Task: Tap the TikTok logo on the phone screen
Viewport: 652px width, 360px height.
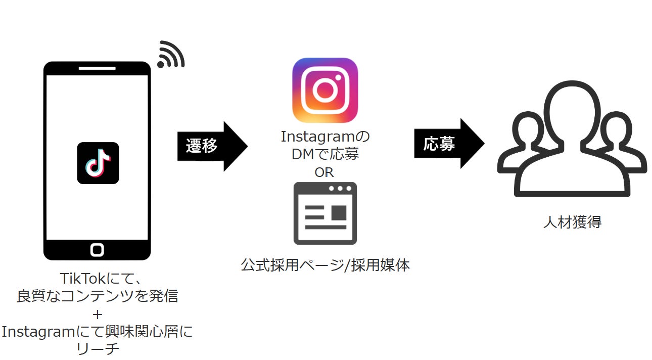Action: pos(98,163)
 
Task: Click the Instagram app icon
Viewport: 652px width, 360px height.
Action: pos(325,90)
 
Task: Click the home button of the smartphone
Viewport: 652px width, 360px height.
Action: pos(97,249)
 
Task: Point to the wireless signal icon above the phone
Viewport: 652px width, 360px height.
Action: pos(170,55)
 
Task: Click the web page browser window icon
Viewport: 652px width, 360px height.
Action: pos(325,213)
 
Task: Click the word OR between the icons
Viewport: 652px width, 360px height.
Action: pos(324,172)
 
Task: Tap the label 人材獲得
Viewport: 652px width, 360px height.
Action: pos(572,222)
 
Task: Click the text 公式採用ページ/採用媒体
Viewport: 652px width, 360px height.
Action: pos(325,264)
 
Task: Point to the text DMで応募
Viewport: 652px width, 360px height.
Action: pos(325,154)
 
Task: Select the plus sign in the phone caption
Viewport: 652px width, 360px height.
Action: pos(98,313)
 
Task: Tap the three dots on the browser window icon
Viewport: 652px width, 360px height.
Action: pos(340,189)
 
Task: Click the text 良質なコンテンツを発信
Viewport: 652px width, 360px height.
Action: pos(98,296)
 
